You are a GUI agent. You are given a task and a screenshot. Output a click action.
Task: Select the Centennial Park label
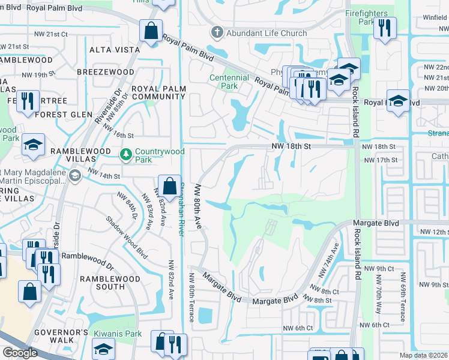[229, 82]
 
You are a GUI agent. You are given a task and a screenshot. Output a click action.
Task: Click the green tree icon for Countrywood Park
[125, 155]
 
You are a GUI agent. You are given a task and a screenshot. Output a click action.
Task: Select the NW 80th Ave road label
[197, 206]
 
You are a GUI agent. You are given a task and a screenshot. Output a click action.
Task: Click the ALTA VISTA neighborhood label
[110, 49]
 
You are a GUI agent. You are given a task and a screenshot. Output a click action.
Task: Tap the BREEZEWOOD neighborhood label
[105, 72]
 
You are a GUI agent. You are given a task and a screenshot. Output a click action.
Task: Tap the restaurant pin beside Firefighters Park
[384, 28]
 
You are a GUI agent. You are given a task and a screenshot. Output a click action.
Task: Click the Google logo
[20, 353]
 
